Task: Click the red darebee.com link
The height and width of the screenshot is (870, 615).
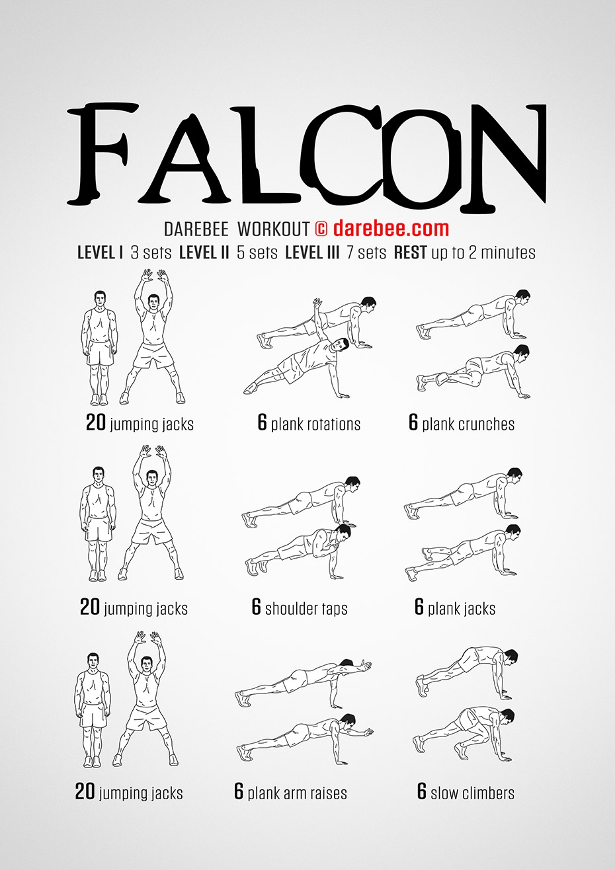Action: point(391,228)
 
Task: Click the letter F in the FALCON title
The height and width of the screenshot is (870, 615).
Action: point(103,154)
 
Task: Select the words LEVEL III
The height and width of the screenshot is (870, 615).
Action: point(312,253)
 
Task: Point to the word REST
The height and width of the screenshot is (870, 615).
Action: point(410,253)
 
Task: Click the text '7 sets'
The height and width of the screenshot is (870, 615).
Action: point(366,253)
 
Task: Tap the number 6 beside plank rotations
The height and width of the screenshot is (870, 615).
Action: point(263,422)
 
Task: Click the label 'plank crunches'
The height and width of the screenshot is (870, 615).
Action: point(468,424)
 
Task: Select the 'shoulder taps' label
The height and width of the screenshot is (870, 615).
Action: point(306,609)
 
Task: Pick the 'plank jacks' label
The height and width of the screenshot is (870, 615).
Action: point(462,609)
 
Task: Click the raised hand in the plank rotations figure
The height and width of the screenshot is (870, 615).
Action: point(318,303)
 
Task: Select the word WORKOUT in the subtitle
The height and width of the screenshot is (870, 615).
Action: point(274,229)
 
